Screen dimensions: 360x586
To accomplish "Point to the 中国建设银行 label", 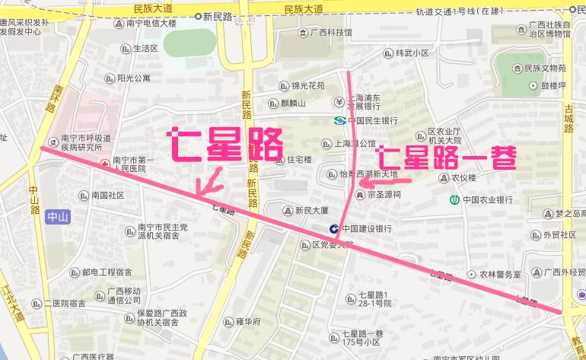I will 366,228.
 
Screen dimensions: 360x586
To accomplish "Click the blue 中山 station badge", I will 58,218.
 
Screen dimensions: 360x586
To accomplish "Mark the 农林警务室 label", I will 498,273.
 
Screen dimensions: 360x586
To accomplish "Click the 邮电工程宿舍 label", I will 107,272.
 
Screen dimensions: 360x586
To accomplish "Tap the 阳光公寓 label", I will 134,78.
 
